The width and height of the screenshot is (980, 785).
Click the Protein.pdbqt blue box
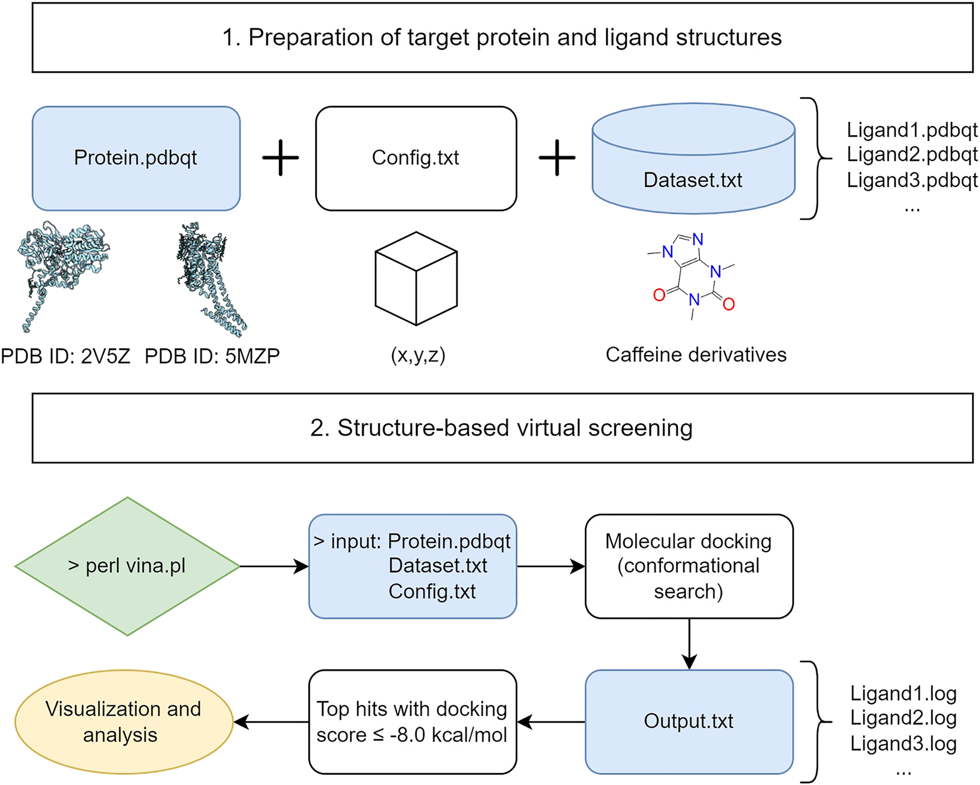[136, 158]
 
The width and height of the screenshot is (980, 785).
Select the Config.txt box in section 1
[415, 158]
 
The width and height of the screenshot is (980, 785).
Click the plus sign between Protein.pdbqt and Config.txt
[281, 158]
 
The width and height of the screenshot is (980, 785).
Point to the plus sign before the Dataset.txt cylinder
[557, 158]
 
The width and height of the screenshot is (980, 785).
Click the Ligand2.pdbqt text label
[912, 155]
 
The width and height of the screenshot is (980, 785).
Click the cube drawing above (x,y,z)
[416, 278]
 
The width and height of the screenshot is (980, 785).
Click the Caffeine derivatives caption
[695, 355]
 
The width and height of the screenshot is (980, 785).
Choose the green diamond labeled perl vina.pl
[127, 566]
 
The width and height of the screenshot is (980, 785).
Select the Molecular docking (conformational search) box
[688, 566]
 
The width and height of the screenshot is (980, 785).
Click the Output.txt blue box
[688, 721]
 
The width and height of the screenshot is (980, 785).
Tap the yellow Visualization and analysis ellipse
[123, 721]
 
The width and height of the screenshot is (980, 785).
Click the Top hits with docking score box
[412, 721]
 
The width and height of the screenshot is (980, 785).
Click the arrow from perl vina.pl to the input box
[274, 566]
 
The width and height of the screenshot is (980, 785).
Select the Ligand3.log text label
[903, 743]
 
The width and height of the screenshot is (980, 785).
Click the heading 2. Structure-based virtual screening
[502, 428]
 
